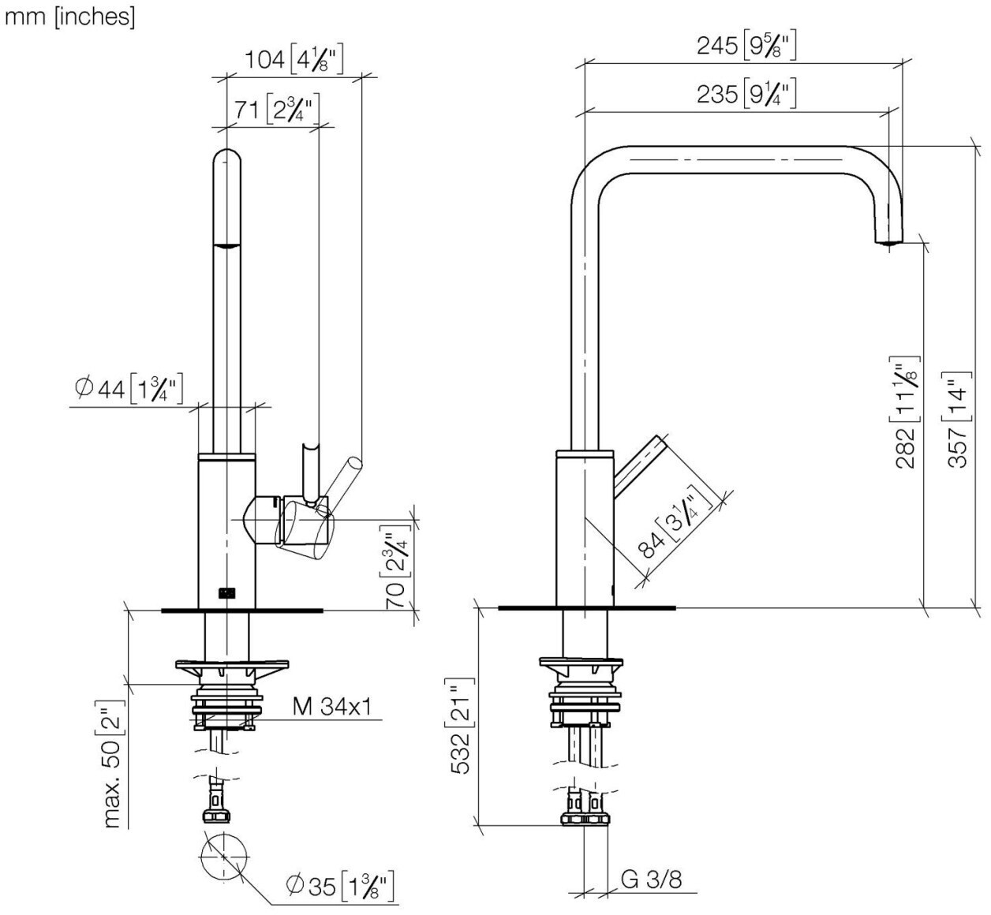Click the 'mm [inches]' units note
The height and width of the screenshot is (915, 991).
pyautogui.click(x=70, y=17)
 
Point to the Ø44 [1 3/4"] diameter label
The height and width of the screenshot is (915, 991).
pyautogui.click(x=129, y=388)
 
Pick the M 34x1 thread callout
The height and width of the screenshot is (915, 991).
pyautogui.click(x=331, y=707)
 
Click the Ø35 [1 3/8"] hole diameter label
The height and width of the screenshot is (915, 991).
pyautogui.click(x=340, y=886)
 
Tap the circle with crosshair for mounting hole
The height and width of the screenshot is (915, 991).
pyautogui.click(x=224, y=856)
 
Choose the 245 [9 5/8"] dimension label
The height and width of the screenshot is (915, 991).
pyautogui.click(x=746, y=47)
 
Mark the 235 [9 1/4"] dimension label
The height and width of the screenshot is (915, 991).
pyautogui.click(x=746, y=95)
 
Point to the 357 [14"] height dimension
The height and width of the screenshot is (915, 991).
pyautogui.click(x=956, y=420)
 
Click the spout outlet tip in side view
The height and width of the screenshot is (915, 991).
pyautogui.click(x=888, y=237)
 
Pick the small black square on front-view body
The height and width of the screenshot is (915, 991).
pyautogui.click(x=226, y=593)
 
